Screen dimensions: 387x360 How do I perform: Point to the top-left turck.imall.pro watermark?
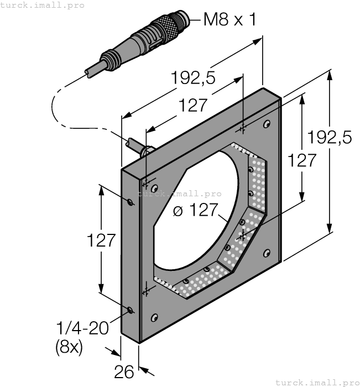(42, 5)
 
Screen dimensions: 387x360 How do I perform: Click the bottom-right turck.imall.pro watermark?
(317, 382)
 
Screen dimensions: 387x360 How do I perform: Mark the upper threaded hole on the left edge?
(130, 202)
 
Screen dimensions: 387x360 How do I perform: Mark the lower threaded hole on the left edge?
(130, 310)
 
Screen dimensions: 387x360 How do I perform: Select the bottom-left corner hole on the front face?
(154, 317)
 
